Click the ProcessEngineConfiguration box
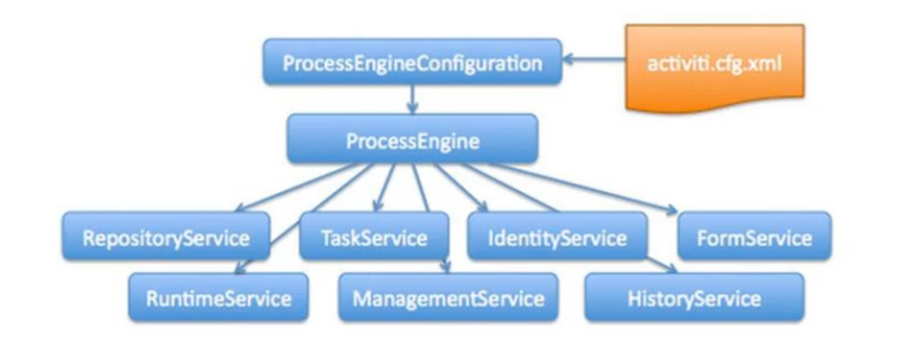click(x=412, y=62)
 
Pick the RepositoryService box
click(x=166, y=237)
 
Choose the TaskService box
click(x=373, y=237)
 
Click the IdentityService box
click(x=557, y=237)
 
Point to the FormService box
click(x=754, y=237)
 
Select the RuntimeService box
click(x=218, y=298)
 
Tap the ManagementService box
click(x=448, y=298)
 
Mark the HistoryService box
click(x=694, y=298)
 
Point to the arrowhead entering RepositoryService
click(x=240, y=209)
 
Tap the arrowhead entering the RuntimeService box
click(x=240, y=267)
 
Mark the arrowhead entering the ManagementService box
click(x=446, y=267)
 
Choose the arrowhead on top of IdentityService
click(x=483, y=207)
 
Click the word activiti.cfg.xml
click(x=714, y=63)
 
